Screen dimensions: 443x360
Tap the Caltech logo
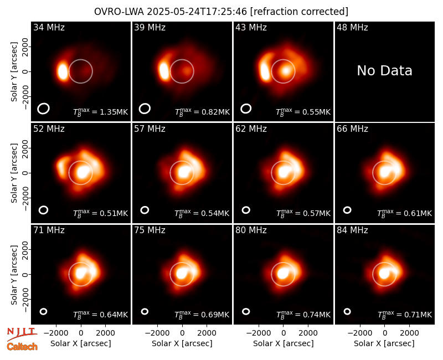pyautogui.click(x=22, y=347)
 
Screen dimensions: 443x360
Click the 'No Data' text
pyautogui.click(x=384, y=70)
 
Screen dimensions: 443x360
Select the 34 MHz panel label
pyautogui.click(x=49, y=27)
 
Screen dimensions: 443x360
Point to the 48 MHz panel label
pyautogui.click(x=352, y=27)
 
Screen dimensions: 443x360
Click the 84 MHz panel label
pyautogui.click(x=352, y=230)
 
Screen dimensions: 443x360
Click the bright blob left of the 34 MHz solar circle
pyautogui.click(x=63, y=71)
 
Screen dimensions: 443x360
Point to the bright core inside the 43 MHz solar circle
pyautogui.click(x=286, y=70)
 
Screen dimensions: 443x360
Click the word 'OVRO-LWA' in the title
pyautogui.click(x=119, y=12)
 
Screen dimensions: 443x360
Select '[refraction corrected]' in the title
pyautogui.click(x=299, y=12)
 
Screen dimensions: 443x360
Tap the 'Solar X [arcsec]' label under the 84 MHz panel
pyautogui.click(x=384, y=343)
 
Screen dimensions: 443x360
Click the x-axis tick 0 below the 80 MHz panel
pyautogui.click(x=284, y=333)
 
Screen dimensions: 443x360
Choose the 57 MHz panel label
pyautogui.click(x=150, y=129)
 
